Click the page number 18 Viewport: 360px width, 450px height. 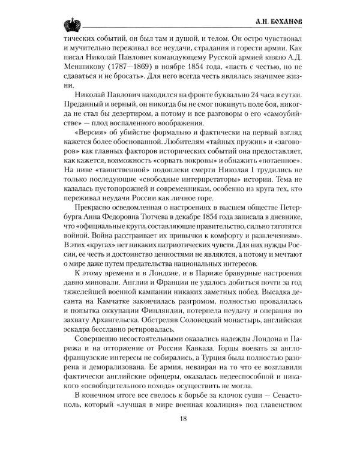180,418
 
